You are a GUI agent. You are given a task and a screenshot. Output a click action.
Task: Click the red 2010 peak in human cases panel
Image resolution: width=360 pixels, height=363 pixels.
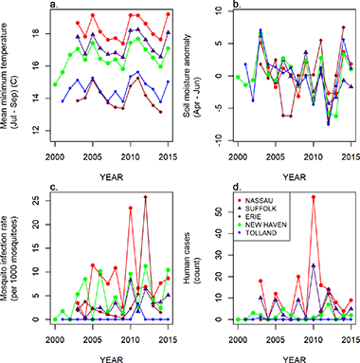pos(313,197)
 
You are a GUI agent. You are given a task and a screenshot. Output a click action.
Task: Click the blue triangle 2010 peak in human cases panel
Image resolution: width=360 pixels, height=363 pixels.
pos(313,265)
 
